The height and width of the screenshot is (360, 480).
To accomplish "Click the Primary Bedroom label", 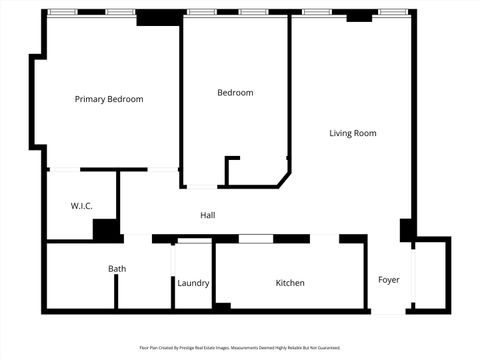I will pyautogui.click(x=110, y=99).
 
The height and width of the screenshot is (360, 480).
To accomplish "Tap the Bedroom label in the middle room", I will pyautogui.click(x=235, y=93).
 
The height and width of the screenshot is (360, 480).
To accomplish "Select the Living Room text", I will pyautogui.click(x=352, y=133).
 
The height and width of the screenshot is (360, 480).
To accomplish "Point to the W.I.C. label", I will pyautogui.click(x=81, y=206).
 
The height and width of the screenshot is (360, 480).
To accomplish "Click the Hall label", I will pyautogui.click(x=207, y=215).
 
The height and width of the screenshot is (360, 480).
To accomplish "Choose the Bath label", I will pyautogui.click(x=117, y=268).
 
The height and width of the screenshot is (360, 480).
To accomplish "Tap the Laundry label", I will pyautogui.click(x=193, y=283).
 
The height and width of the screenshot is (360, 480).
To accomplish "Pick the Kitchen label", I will pyautogui.click(x=290, y=283).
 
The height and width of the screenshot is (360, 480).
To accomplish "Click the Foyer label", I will pyautogui.click(x=388, y=280).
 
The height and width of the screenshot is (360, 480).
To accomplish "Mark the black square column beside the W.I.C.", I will pyautogui.click(x=105, y=229).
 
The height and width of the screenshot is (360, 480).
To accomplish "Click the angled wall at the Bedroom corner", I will pyautogui.click(x=284, y=178).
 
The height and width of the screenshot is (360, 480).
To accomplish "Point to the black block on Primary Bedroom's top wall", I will pyautogui.click(x=153, y=17).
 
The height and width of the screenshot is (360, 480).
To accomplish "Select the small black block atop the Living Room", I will pyautogui.click(x=359, y=17).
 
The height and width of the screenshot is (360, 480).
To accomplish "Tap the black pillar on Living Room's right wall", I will pyautogui.click(x=407, y=230).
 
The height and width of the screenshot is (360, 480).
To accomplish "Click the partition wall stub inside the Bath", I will pyautogui.click(x=117, y=292).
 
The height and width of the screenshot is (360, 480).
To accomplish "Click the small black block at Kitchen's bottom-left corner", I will pyautogui.click(x=223, y=305).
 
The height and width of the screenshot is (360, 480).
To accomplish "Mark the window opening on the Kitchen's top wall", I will pyautogui.click(x=256, y=239).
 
